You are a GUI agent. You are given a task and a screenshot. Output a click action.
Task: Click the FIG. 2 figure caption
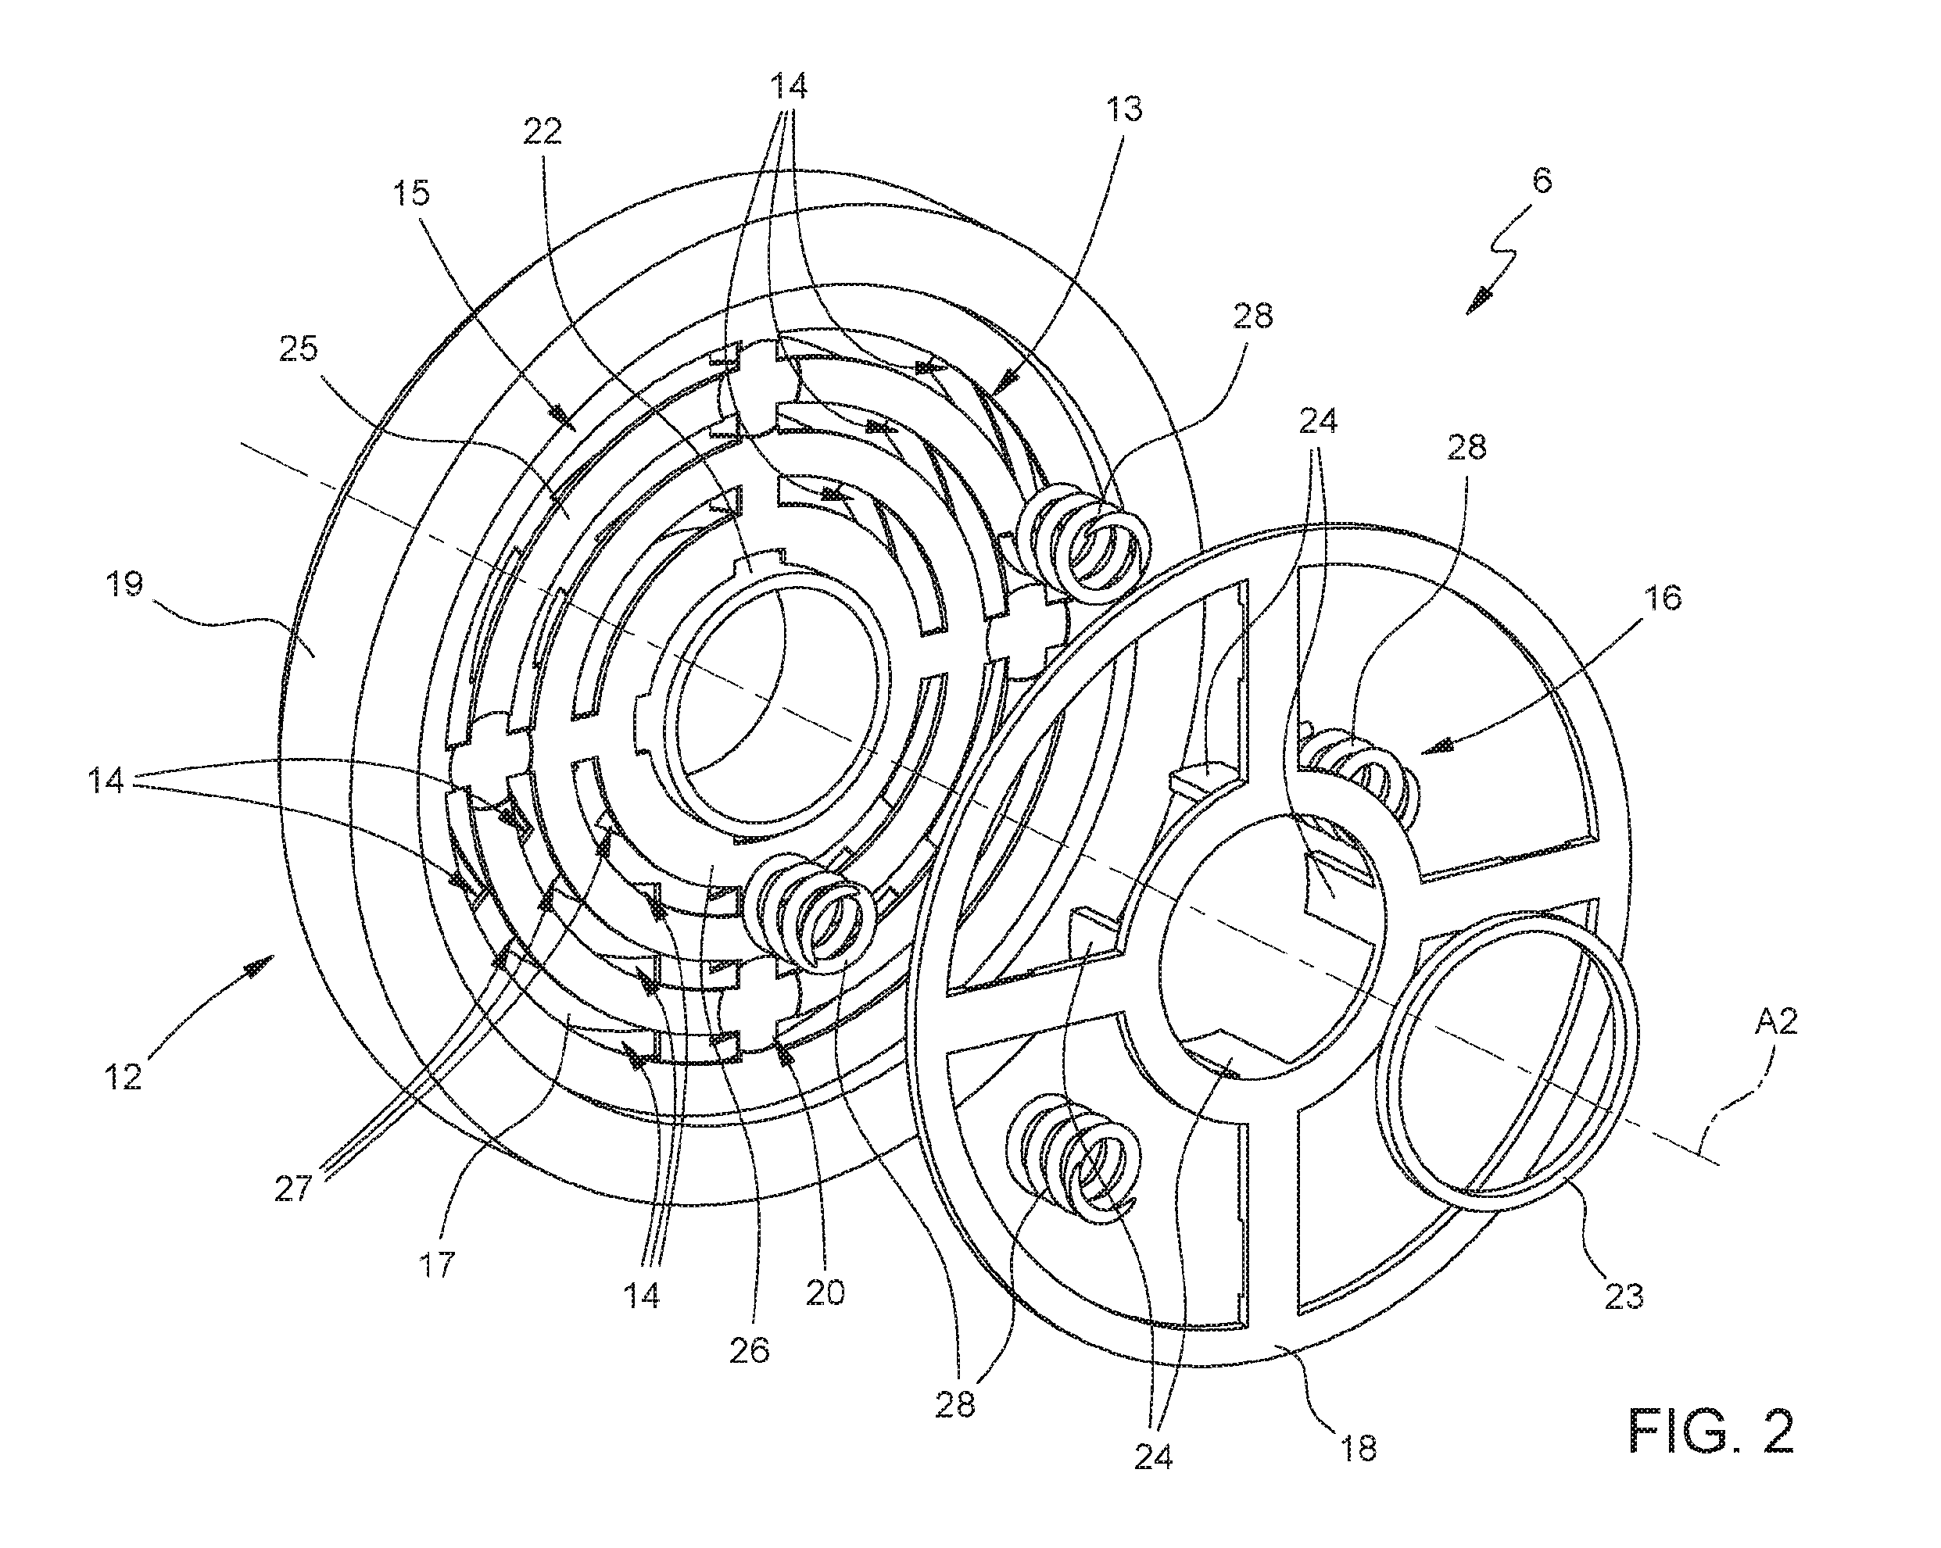1711,1430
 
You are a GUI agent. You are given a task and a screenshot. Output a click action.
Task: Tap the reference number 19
125,585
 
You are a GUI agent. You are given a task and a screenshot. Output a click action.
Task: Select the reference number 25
298,349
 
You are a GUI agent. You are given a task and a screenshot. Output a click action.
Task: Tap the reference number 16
1663,598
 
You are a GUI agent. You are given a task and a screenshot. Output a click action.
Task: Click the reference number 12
124,1076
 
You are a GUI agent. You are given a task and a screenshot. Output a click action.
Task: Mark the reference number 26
750,1350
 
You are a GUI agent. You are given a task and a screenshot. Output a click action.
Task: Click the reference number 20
825,1292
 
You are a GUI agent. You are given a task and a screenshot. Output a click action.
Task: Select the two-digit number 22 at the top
542,132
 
